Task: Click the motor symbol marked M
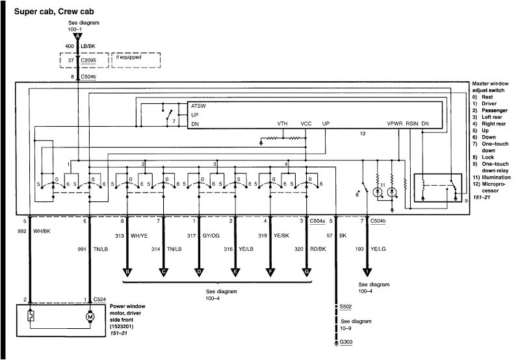[x=89, y=318]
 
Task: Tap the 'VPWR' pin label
[x=395, y=123]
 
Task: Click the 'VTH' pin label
[x=282, y=123]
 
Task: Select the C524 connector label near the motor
[x=99, y=299]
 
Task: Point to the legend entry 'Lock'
[x=487, y=157]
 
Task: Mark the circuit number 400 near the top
[x=69, y=46]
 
